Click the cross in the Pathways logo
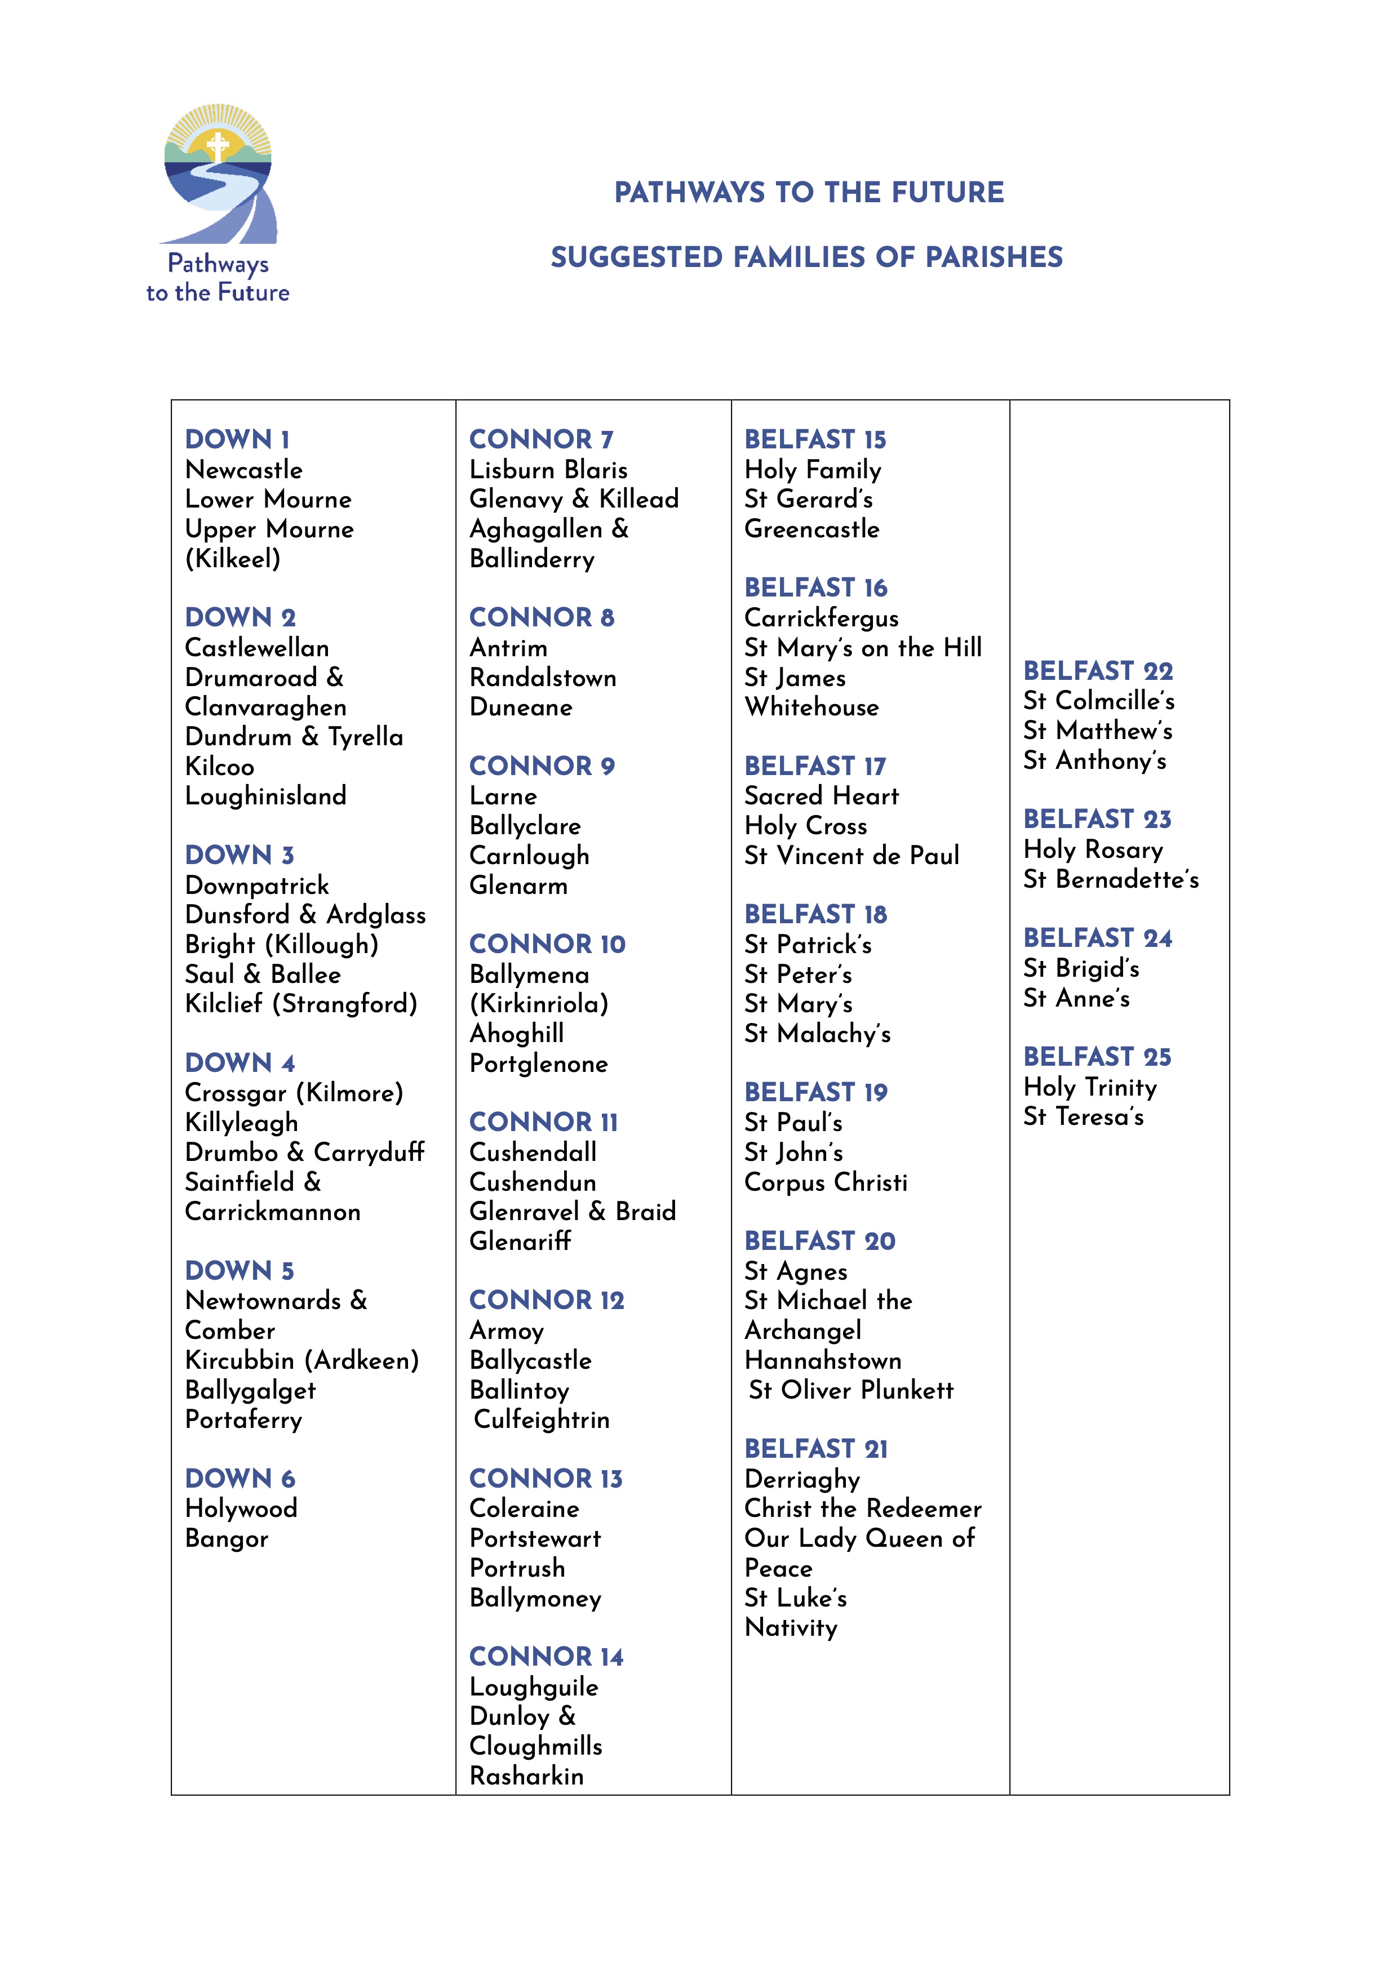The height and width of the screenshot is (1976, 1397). click(x=218, y=145)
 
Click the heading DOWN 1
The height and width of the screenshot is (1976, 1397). click(x=238, y=440)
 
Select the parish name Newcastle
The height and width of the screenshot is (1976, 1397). click(x=243, y=470)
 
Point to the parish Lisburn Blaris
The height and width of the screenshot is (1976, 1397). click(x=548, y=470)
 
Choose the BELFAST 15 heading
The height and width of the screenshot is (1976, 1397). click(x=814, y=440)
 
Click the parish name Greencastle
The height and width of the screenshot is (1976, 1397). click(x=811, y=529)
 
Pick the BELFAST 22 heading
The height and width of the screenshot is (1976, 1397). click(x=1097, y=671)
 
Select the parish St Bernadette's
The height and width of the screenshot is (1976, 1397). click(x=1110, y=879)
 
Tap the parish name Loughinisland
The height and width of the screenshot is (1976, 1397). click(x=265, y=796)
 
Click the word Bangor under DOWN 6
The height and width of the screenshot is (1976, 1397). click(x=227, y=1539)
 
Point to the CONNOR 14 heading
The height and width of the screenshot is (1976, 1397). click(x=546, y=1657)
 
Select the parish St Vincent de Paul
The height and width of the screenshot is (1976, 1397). click(x=851, y=856)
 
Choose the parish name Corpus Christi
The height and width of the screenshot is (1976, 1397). click(x=826, y=1182)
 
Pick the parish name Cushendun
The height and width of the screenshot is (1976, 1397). click(x=532, y=1182)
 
